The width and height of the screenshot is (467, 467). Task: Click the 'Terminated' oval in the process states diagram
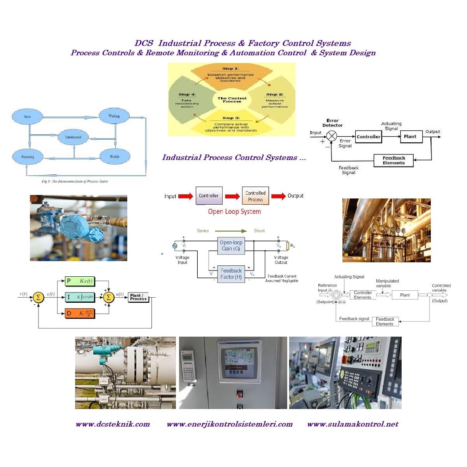[73, 137]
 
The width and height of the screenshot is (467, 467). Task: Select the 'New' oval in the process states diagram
[27, 116]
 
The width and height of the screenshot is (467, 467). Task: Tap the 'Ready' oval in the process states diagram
[114, 156]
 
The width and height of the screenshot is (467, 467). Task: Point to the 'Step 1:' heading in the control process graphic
[230, 68]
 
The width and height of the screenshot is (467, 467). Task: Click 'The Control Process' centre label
[232, 100]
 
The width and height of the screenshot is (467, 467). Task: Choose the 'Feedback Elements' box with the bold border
[393, 160]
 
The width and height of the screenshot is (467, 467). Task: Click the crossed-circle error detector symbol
[332, 136]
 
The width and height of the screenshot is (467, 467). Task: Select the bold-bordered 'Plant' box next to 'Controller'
[410, 137]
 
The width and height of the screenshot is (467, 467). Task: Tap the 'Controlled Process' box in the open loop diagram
[255, 196]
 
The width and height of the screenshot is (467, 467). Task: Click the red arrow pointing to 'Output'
[278, 196]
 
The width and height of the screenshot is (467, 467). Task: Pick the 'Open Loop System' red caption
[234, 212]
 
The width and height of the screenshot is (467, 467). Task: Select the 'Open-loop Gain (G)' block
[231, 246]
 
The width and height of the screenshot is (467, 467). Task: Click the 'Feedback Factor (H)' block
[231, 274]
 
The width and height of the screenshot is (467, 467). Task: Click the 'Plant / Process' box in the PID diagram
[138, 297]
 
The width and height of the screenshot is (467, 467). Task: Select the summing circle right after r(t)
[38, 297]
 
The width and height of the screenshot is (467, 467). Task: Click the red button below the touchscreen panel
[239, 395]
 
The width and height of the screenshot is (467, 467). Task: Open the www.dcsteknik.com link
[113, 424]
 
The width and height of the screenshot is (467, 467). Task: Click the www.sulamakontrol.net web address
[353, 424]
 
